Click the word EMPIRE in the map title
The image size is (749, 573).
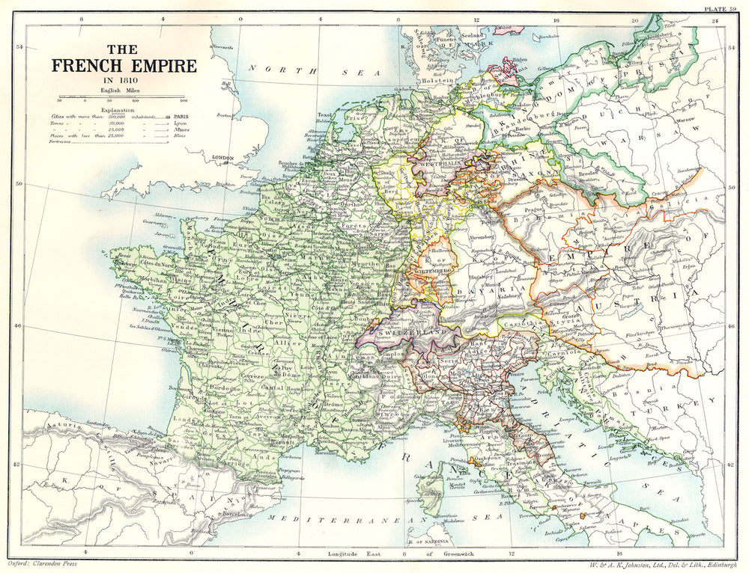158,66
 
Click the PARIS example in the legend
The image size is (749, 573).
181,117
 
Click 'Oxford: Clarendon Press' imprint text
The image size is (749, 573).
49,562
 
